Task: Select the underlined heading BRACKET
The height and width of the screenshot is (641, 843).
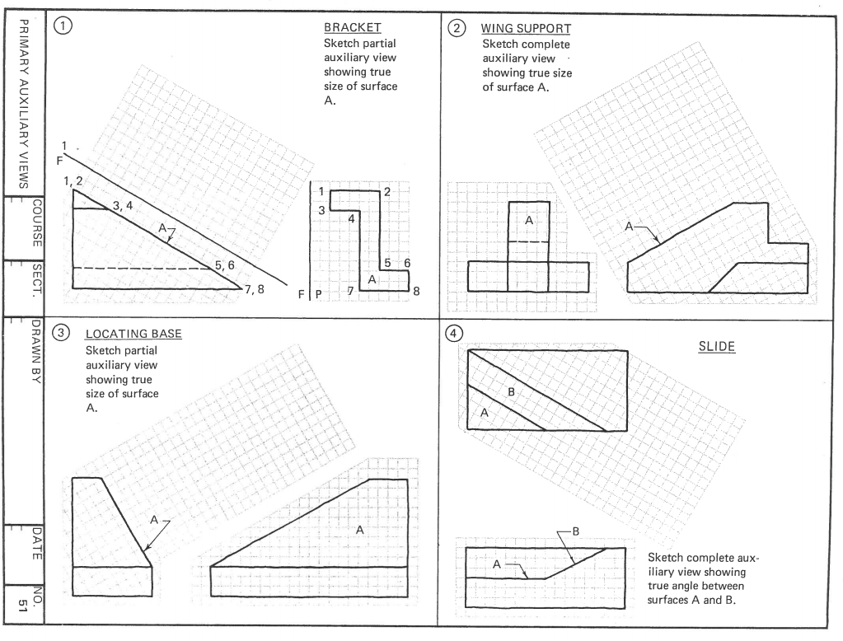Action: click(x=353, y=28)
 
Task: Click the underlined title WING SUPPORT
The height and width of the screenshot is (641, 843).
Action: click(x=526, y=29)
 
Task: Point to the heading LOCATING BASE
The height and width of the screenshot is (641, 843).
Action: click(x=133, y=335)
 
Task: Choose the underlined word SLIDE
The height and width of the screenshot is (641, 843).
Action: click(x=717, y=347)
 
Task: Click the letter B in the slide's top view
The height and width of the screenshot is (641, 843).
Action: click(x=511, y=391)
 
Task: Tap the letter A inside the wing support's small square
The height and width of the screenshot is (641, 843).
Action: click(x=529, y=221)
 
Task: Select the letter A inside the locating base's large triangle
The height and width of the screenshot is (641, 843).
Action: click(x=359, y=530)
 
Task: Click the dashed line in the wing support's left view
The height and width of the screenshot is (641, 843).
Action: click(x=529, y=241)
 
